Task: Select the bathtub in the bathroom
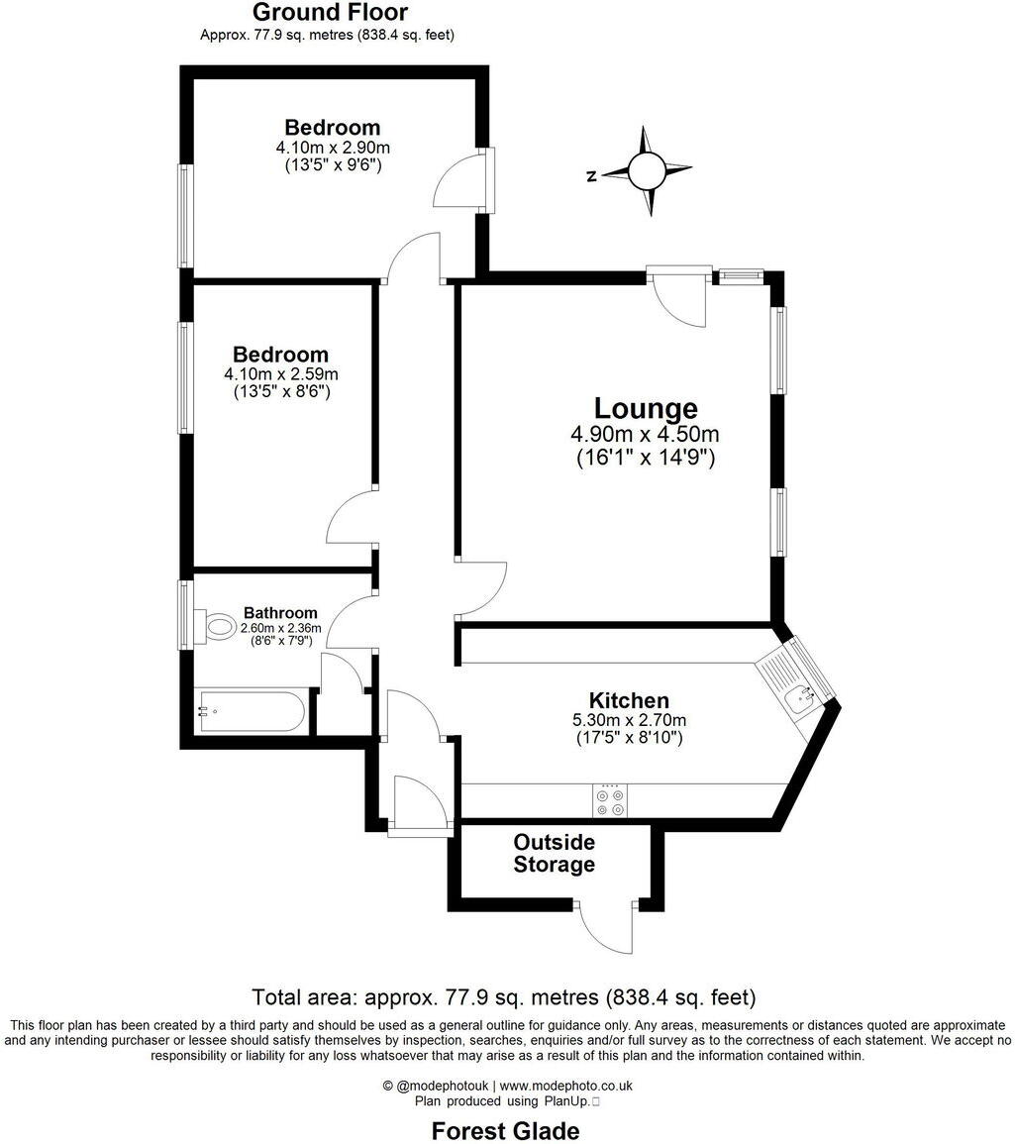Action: point(251,710)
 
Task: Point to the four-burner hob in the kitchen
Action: point(610,800)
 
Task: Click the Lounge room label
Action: point(646,408)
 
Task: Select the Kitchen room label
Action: point(629,700)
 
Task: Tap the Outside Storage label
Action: point(554,853)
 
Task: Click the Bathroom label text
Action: point(280,612)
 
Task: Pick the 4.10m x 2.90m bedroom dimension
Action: point(333,148)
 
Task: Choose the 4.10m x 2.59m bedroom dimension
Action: point(281,374)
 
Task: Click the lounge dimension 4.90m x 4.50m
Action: point(645,435)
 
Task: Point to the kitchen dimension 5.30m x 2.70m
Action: point(629,720)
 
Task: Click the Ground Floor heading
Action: point(330,13)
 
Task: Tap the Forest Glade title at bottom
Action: point(505,1130)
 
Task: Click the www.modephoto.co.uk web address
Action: point(572,1086)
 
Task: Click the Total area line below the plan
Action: point(504,996)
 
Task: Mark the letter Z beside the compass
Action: point(591,176)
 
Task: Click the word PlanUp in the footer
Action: point(566,1100)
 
